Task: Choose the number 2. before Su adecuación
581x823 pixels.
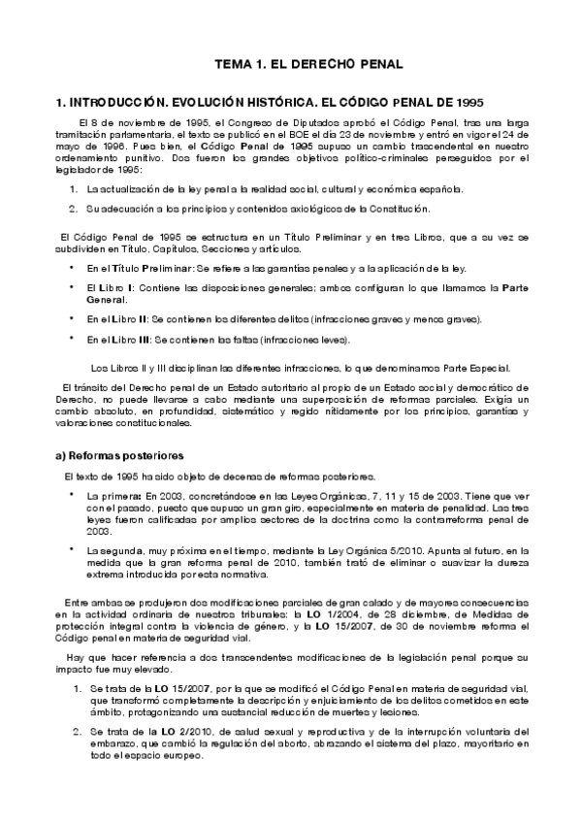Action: click(x=74, y=208)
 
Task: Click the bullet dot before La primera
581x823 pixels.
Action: click(x=73, y=494)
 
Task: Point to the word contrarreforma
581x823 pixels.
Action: click(x=429, y=519)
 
